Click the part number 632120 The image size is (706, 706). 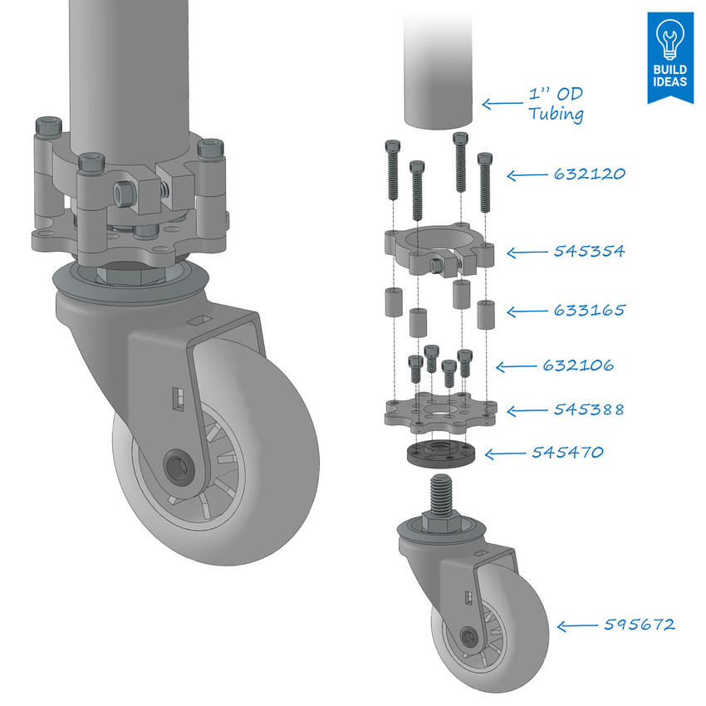[x=589, y=174]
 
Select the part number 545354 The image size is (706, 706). [x=589, y=251]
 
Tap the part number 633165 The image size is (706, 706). [x=589, y=311]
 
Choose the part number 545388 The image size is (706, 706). [x=589, y=410]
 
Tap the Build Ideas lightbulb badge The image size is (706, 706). [x=669, y=57]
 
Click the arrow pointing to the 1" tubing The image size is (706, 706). [x=502, y=104]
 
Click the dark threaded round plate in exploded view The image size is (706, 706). [x=439, y=454]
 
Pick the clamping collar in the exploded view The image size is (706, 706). [x=440, y=249]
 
